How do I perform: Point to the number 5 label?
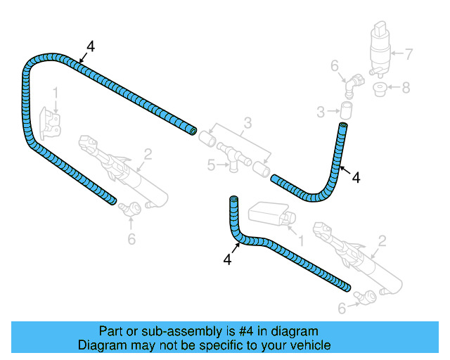[211, 165]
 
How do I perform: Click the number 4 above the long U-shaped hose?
[90, 46]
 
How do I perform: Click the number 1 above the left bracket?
[56, 92]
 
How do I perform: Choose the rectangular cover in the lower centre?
[267, 214]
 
